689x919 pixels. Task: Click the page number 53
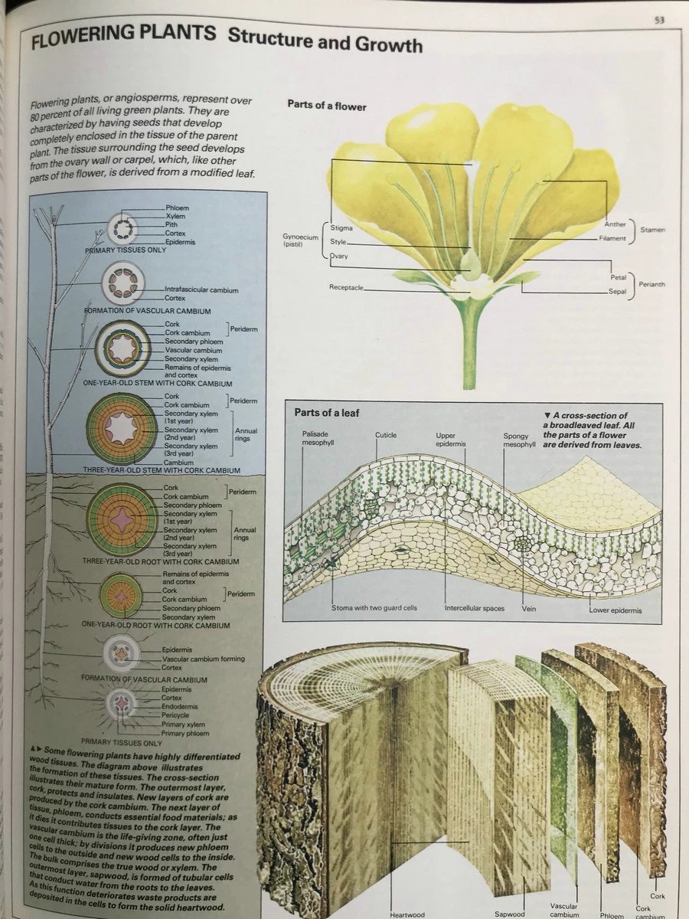(x=658, y=21)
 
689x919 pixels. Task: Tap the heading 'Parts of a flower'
(x=327, y=106)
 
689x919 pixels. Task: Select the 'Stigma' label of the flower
(x=341, y=228)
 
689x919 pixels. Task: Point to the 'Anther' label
(x=615, y=224)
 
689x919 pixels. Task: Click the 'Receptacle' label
(x=345, y=287)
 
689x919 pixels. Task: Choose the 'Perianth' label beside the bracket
(x=650, y=284)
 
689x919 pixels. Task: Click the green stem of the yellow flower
(x=469, y=345)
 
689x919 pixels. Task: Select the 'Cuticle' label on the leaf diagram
(x=386, y=435)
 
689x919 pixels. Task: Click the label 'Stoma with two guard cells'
(x=374, y=608)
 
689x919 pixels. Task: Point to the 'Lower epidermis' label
(x=616, y=610)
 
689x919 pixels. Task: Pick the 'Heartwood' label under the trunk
(x=407, y=914)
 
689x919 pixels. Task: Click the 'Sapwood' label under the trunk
(x=510, y=914)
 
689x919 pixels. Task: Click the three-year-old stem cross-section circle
(x=121, y=428)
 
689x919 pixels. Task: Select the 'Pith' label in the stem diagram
(x=175, y=224)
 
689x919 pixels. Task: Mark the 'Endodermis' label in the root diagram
(x=176, y=707)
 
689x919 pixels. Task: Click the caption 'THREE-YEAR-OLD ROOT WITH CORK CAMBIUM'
(x=161, y=561)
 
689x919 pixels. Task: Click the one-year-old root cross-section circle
(x=121, y=595)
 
